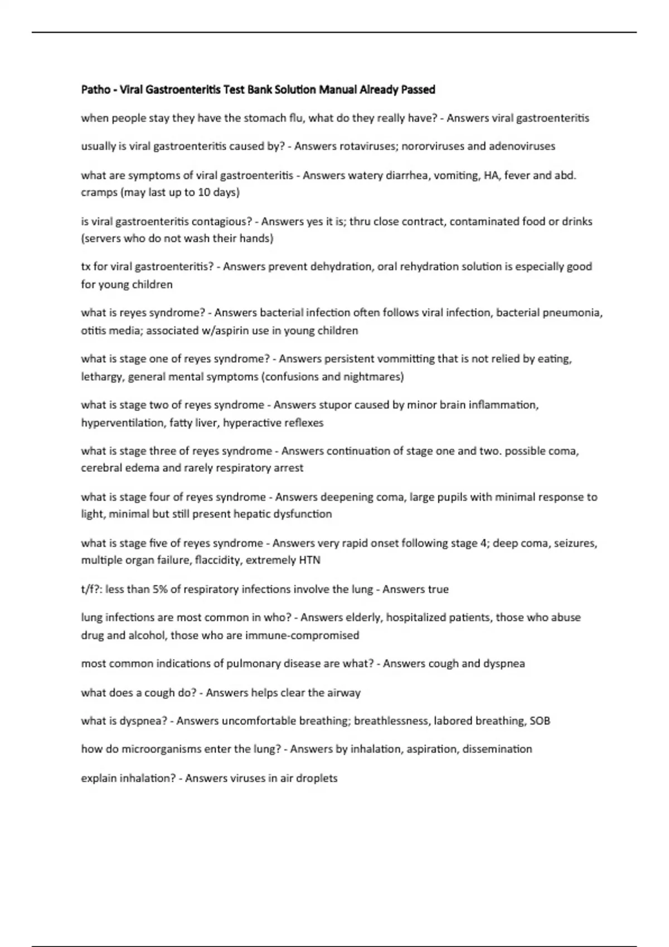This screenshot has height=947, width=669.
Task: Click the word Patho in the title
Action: (95, 89)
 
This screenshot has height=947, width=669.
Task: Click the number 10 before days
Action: (204, 192)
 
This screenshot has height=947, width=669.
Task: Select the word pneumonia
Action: (576, 313)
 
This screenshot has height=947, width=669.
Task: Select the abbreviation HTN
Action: (309, 560)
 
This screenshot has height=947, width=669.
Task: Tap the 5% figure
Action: (160, 589)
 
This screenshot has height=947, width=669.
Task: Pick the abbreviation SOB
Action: (540, 720)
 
